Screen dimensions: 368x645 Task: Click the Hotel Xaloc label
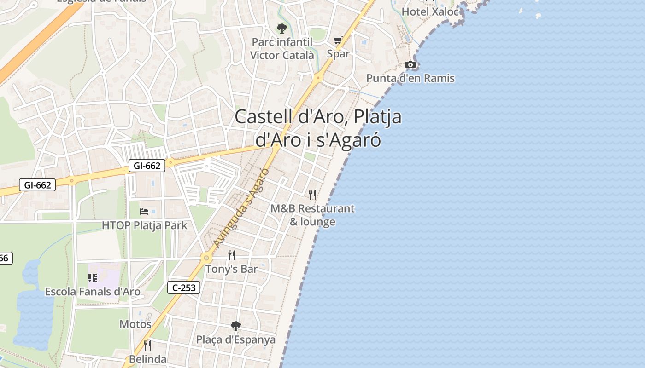tap(430, 11)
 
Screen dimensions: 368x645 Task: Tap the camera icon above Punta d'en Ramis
tap(410, 65)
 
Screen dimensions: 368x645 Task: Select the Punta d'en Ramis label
tap(410, 78)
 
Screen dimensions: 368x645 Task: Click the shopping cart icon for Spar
tap(338, 40)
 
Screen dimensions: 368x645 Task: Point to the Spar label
tap(338, 53)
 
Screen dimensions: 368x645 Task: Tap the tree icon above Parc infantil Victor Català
tap(281, 29)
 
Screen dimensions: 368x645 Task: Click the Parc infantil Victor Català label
tap(282, 49)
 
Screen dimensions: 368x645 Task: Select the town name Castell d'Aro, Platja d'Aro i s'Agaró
tap(318, 128)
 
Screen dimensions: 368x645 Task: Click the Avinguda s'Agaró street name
tap(241, 207)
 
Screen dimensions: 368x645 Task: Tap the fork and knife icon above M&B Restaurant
tap(312, 195)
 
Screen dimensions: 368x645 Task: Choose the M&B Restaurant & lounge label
tap(312, 215)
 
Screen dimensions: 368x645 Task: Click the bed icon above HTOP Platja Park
tap(144, 212)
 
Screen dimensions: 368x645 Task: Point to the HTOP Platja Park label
tap(144, 225)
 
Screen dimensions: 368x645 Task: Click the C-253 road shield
tap(184, 288)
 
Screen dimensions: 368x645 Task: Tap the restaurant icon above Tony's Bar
tap(232, 255)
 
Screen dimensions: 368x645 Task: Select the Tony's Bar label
tap(231, 269)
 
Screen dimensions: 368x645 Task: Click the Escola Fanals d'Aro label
tap(93, 292)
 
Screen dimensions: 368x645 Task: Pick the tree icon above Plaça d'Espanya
tap(235, 326)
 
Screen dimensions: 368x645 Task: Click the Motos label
tap(135, 324)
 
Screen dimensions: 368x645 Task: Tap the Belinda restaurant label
tap(147, 359)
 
